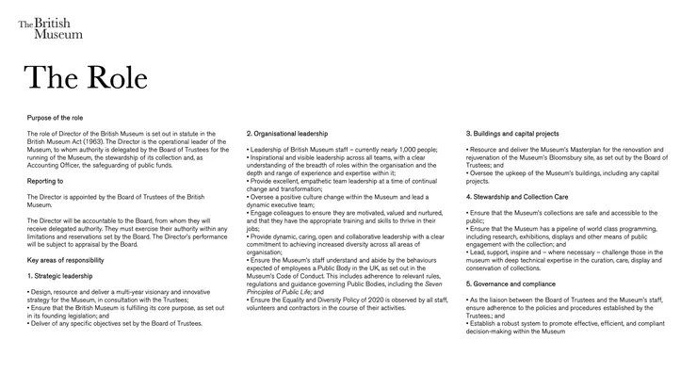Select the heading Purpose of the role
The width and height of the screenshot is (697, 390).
[56, 117]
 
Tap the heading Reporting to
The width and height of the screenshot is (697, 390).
[45, 180]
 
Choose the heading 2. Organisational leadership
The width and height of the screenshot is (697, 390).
[287, 133]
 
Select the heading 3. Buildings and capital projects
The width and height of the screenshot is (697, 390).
[512, 133]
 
